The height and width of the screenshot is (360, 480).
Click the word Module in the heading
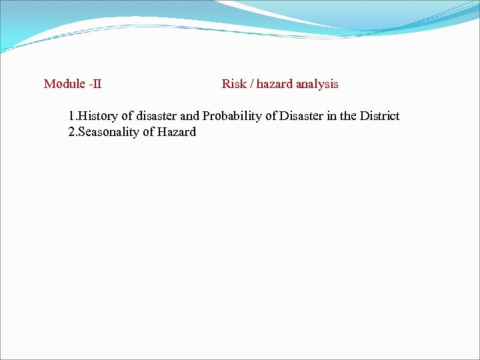[x=64, y=84]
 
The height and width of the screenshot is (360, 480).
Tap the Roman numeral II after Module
[x=97, y=84]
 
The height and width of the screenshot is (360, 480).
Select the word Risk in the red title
[x=234, y=84]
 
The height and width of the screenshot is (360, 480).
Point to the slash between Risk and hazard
[x=251, y=84]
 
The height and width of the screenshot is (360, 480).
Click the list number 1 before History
[x=71, y=116]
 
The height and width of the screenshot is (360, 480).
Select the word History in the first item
[x=98, y=116]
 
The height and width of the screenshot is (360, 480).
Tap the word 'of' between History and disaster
[x=127, y=116]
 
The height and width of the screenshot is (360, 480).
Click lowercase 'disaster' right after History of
[x=157, y=116]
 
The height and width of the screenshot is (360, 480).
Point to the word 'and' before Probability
[x=190, y=116]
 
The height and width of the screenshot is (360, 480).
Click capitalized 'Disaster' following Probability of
[x=301, y=116]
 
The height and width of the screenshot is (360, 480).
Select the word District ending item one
[x=380, y=116]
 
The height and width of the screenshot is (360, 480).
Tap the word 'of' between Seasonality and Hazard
[x=149, y=132]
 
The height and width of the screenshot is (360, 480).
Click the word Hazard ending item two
[x=177, y=132]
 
